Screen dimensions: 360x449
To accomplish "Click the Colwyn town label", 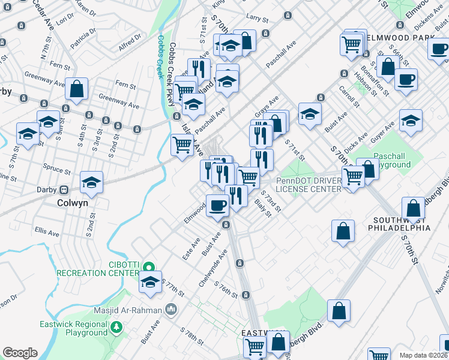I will [x=72, y=203].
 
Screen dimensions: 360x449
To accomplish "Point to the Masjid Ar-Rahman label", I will [x=127, y=310].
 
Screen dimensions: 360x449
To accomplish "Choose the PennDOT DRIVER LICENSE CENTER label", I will [x=309, y=185].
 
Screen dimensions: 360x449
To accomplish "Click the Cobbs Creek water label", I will [x=161, y=50].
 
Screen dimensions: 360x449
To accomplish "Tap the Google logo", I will [x=20, y=353].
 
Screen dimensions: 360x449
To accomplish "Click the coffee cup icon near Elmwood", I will [x=217, y=205].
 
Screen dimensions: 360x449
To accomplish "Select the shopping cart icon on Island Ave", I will [x=182, y=145].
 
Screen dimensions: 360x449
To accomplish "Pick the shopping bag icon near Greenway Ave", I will [x=77, y=89].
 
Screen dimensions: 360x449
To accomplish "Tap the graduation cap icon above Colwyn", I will [x=91, y=181].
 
